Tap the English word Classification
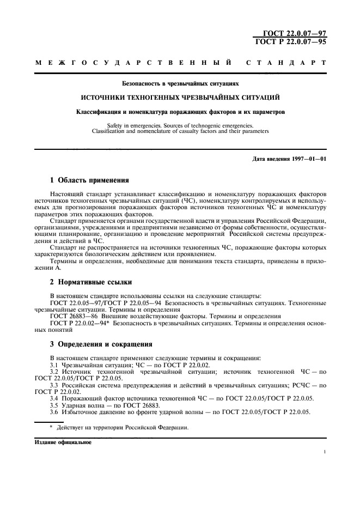point(113,131)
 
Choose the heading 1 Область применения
point(89,180)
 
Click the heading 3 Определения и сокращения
point(101,345)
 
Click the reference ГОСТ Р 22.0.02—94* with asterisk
point(81,323)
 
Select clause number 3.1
point(54,365)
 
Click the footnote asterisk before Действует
point(51,428)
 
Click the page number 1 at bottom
point(324,452)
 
